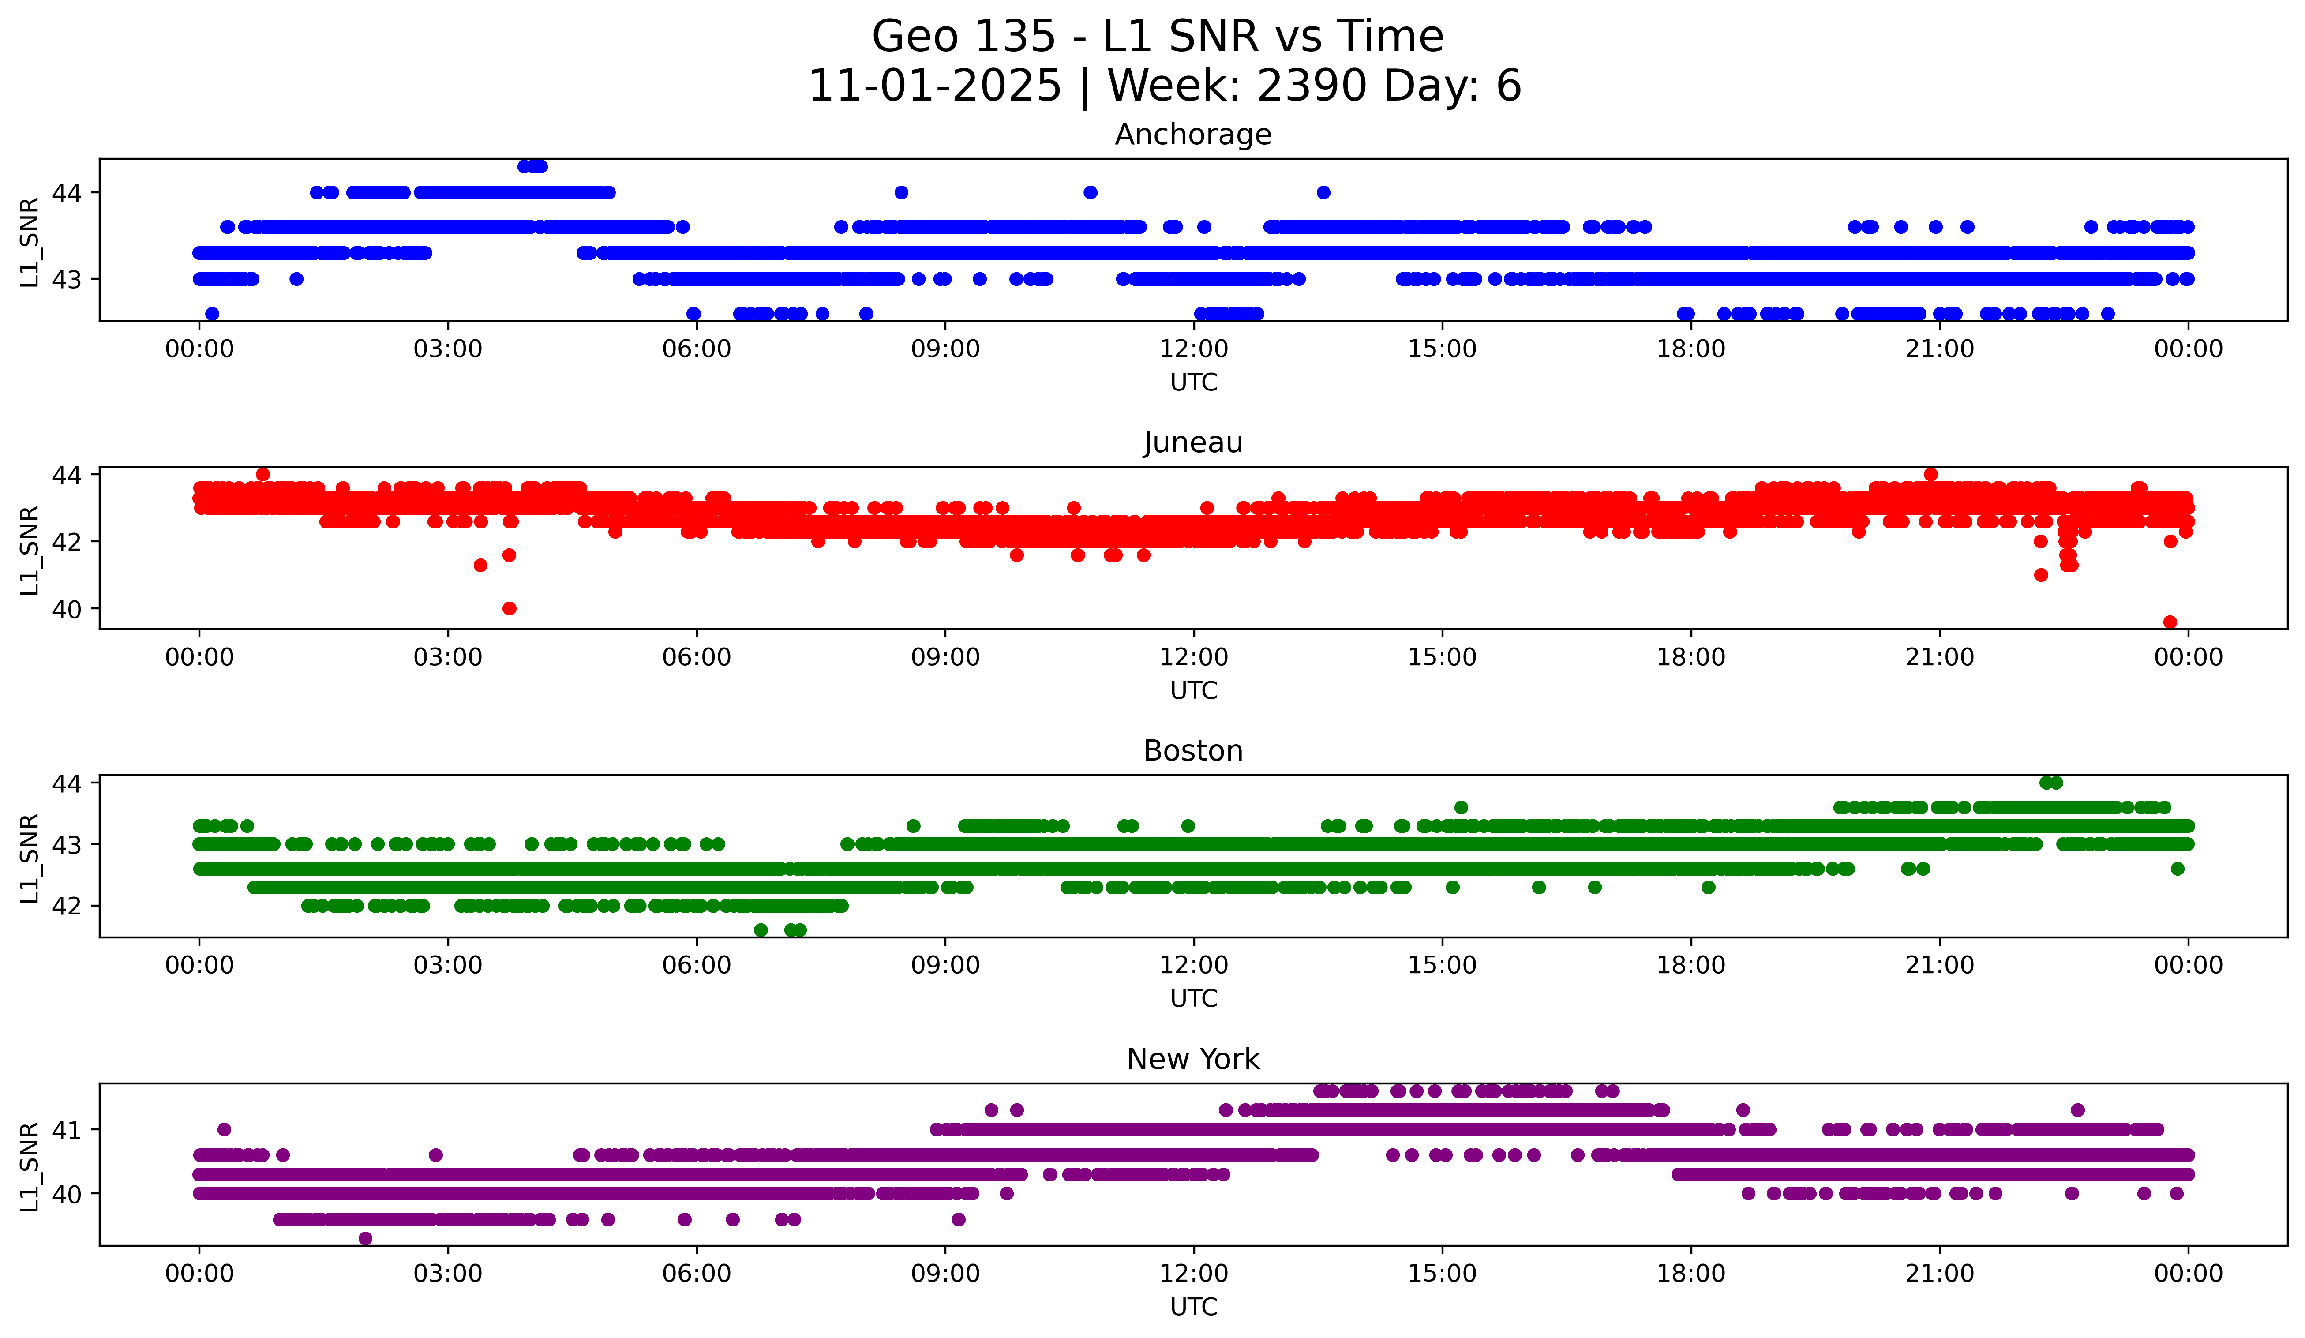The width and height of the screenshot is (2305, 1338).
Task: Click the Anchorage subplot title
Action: pos(1193,135)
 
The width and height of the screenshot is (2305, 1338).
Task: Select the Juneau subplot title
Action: pos(1193,442)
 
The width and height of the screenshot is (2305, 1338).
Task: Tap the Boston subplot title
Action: pos(1193,751)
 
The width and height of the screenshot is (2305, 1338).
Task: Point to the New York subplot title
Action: pos(1193,1059)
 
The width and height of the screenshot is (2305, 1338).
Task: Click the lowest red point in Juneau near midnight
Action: pos(2170,622)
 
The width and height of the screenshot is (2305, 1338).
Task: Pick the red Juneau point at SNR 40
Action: pos(510,608)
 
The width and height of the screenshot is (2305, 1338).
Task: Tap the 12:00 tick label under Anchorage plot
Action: pos(1194,349)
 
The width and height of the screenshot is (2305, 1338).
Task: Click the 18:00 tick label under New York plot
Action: pos(1690,1273)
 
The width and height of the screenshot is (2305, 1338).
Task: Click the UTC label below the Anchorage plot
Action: pos(1194,382)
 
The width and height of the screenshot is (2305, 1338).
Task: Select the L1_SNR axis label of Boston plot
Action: pos(29,858)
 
